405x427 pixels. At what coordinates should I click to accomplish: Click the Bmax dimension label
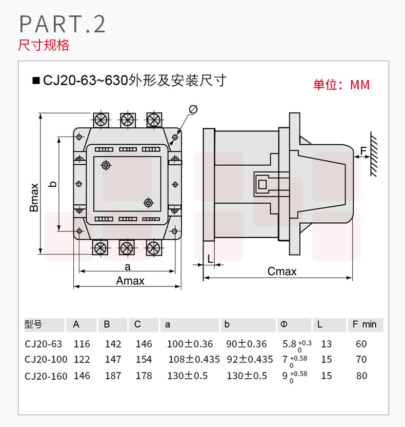coord(34,198)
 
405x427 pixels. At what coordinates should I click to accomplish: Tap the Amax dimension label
coord(130,281)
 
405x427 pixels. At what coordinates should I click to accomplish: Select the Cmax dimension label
coord(282,271)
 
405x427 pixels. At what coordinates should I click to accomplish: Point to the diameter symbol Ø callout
coord(193,109)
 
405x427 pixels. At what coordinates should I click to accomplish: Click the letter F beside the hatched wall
coord(363,151)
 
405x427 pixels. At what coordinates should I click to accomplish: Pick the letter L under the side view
coord(210,258)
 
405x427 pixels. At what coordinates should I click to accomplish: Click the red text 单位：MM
coord(341,85)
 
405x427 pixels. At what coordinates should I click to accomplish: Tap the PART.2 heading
coord(62,24)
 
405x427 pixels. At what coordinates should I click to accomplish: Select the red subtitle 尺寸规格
coord(44,45)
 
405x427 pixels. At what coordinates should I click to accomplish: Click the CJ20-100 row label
coord(46,360)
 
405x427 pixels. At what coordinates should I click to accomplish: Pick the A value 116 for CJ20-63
coord(82,344)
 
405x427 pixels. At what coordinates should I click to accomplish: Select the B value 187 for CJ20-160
coord(113,376)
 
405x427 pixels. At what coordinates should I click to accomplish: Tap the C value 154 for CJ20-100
coord(144,360)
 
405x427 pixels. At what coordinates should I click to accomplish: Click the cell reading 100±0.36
coord(190,344)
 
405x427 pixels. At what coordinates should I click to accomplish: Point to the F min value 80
coord(361,376)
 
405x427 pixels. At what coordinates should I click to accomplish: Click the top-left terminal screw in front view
coord(100,119)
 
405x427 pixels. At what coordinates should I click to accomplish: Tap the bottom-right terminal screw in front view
coord(153,248)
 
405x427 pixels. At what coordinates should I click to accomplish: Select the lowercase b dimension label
coord(51,184)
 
